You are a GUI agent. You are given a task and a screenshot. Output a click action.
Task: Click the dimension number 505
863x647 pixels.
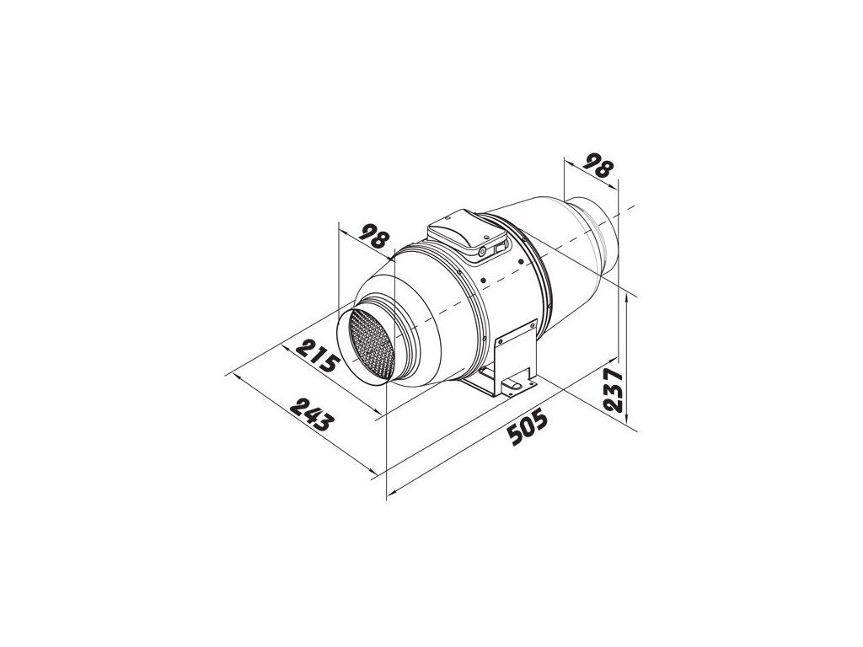pos(528,426)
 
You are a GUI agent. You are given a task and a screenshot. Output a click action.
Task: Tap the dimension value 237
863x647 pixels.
pos(614,391)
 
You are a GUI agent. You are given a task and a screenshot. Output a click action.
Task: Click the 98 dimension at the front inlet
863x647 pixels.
pos(374,238)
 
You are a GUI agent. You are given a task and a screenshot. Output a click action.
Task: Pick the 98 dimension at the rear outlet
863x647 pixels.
pos(599,165)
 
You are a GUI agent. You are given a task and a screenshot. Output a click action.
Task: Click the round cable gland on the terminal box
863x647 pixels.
pos(482,252)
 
